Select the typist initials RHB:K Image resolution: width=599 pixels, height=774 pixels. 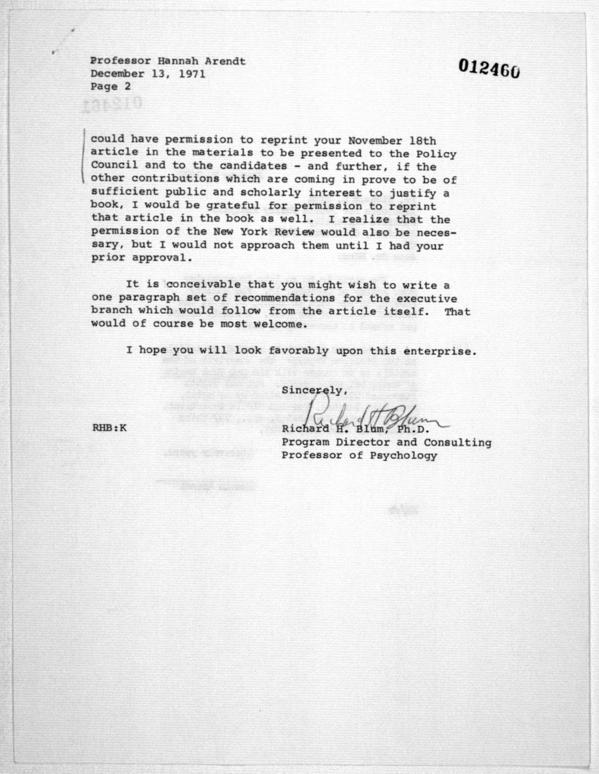(x=109, y=428)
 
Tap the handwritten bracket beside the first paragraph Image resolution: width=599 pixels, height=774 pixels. (x=83, y=156)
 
